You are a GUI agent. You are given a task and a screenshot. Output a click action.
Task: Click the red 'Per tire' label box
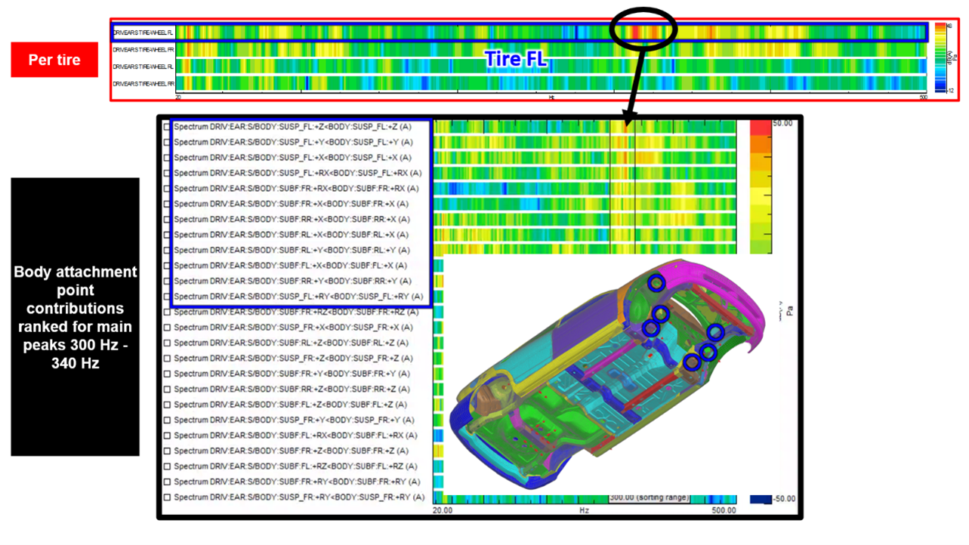pos(54,60)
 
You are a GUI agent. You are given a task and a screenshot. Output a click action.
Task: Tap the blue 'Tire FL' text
pos(516,59)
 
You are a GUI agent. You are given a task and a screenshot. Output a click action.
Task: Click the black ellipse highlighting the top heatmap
pos(643,30)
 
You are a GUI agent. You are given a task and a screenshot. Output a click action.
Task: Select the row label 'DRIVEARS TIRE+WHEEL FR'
pos(143,49)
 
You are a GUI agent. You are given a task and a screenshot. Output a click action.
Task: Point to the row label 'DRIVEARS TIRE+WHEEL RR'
pos(143,83)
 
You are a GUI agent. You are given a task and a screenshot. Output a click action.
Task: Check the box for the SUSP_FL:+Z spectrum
pos(167,127)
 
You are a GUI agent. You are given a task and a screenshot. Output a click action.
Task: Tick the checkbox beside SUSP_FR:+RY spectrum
pos(167,497)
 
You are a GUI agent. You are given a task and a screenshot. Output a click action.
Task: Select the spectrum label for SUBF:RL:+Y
pos(292,250)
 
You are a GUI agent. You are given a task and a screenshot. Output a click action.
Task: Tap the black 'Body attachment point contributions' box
pos(75,317)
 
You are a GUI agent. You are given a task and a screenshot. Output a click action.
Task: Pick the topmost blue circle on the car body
pos(656,282)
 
